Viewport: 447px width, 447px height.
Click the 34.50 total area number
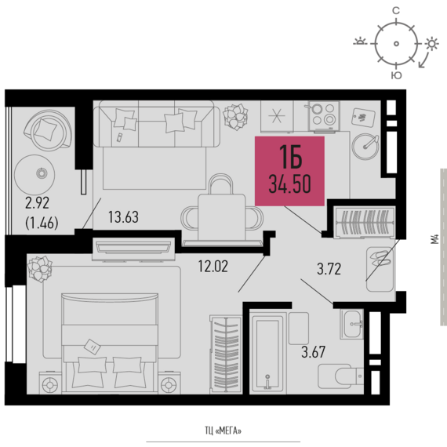click(x=289, y=184)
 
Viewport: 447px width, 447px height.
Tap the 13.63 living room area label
click(x=123, y=217)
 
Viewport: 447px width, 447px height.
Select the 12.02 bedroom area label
click(x=213, y=267)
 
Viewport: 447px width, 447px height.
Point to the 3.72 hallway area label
click(x=329, y=269)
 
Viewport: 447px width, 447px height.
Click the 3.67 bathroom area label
click(x=314, y=352)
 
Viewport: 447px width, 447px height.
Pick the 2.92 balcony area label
click(x=38, y=203)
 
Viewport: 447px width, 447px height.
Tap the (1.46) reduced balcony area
click(x=42, y=223)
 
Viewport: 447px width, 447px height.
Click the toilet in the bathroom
click(x=340, y=376)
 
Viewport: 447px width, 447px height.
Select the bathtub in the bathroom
click(x=267, y=353)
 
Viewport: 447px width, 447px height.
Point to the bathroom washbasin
click(x=352, y=324)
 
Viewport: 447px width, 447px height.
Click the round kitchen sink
click(x=365, y=147)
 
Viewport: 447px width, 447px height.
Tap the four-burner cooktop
click(x=324, y=116)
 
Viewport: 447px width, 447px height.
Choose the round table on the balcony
click(x=35, y=174)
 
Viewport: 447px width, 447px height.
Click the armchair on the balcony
click(x=47, y=129)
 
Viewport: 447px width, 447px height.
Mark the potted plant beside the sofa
click(x=235, y=116)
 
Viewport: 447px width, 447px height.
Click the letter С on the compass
click(x=396, y=11)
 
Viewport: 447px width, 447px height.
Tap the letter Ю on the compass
click(x=396, y=75)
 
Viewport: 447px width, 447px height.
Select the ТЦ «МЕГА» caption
click(x=223, y=431)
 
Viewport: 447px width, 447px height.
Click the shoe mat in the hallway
click(x=380, y=269)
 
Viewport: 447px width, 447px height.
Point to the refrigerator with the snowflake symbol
click(x=277, y=116)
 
